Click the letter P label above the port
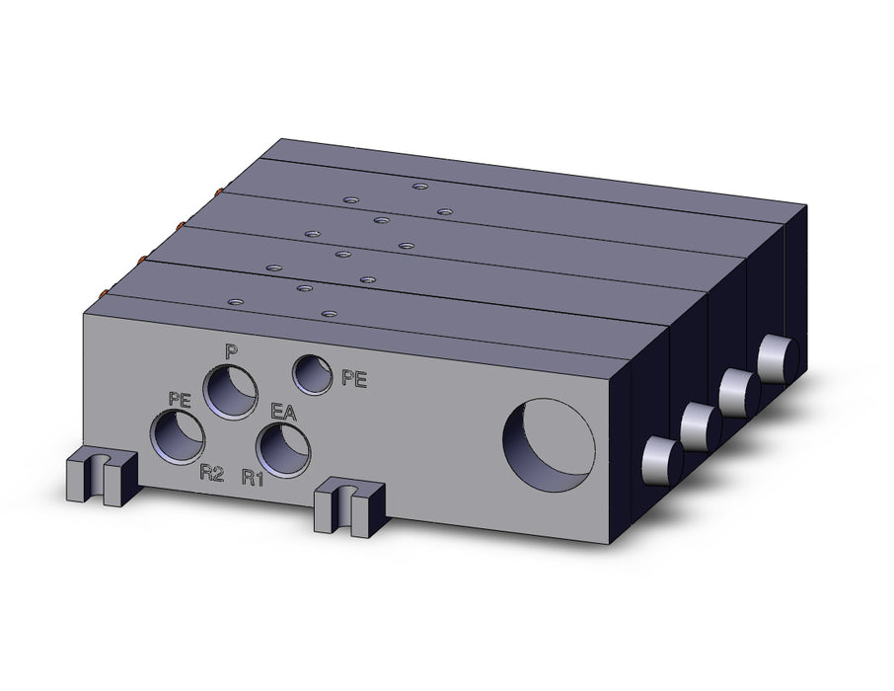229,351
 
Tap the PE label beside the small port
354,378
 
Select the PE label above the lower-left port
179,400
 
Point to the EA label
283,412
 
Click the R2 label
211,473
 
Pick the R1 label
253,477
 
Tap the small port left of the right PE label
312,374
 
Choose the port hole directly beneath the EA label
283,448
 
